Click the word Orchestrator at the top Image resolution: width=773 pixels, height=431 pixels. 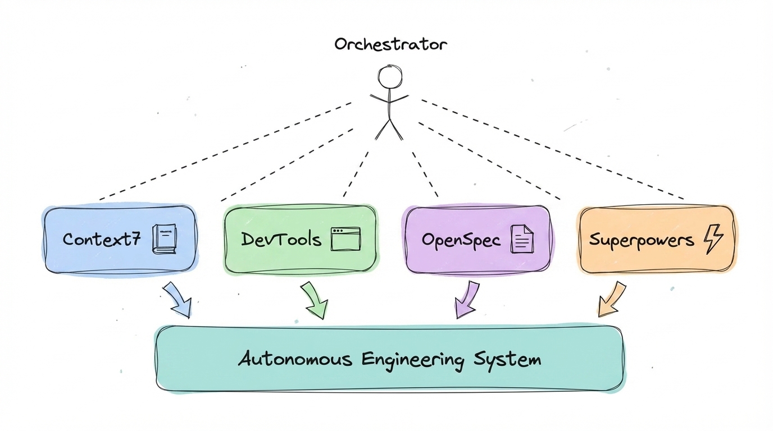tap(391, 44)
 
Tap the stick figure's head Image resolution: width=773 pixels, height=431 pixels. tap(389, 76)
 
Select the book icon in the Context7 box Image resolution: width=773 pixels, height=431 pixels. tap(164, 239)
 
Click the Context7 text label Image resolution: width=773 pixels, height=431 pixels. tap(101, 240)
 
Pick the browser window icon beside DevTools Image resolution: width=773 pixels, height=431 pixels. tap(345, 239)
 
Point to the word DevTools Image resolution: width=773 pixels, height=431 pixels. tap(281, 240)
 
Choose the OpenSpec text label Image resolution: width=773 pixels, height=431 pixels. tap(461, 240)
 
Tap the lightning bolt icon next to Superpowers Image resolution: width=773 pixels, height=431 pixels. tap(713, 240)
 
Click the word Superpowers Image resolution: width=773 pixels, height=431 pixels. tap(641, 240)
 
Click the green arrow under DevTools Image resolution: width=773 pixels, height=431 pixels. tap(315, 301)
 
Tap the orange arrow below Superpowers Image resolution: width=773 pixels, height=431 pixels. tap(611, 300)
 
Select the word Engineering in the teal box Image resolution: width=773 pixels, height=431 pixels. tap(413, 359)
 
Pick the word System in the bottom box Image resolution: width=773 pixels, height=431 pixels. tap(507, 359)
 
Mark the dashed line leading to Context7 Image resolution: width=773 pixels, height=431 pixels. tap(225, 150)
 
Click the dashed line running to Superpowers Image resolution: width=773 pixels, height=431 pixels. tap(553, 150)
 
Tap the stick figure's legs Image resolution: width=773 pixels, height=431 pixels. tap(389, 129)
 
